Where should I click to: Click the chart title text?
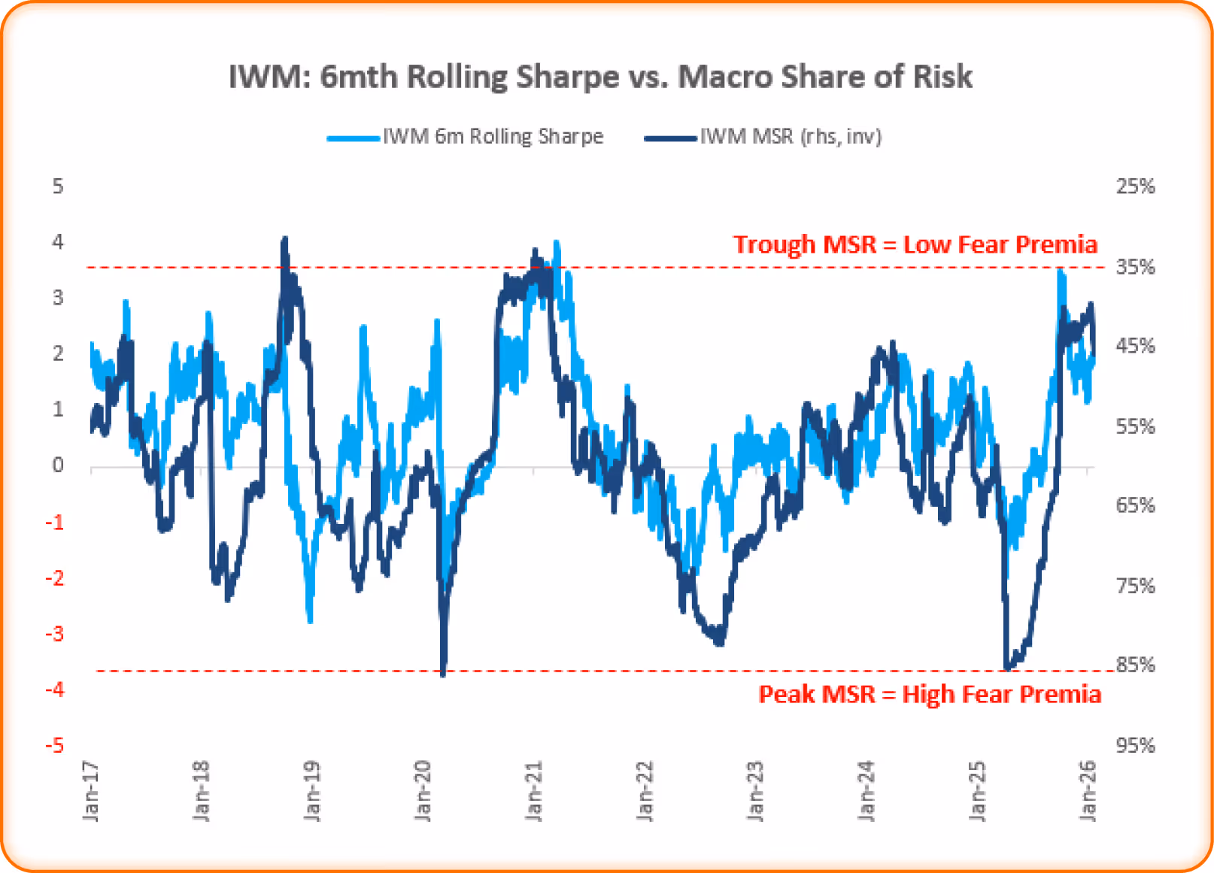(x=600, y=77)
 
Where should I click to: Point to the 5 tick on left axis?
(x=58, y=186)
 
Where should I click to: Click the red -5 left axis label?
(x=54, y=745)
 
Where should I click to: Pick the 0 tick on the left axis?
(x=58, y=465)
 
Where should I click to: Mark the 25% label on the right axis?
(x=1135, y=186)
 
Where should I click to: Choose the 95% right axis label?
(x=1135, y=745)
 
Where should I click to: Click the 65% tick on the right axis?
(x=1135, y=505)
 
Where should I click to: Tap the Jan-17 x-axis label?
(x=91, y=790)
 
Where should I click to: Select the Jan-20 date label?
(x=423, y=790)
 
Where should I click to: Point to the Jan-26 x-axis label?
(x=1088, y=790)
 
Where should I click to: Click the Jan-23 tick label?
(x=755, y=790)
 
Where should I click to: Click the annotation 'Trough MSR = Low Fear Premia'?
(x=915, y=244)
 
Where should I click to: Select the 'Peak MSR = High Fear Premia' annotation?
(x=930, y=693)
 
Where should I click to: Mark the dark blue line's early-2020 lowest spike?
(x=443, y=673)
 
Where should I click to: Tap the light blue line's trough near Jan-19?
(x=310, y=620)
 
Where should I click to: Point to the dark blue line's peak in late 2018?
(x=284, y=240)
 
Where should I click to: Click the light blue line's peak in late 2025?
(x=1061, y=271)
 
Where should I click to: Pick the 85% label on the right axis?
(x=1135, y=665)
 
